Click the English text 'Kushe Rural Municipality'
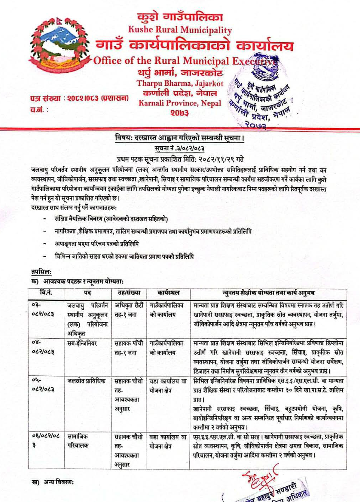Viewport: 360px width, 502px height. point(180,30)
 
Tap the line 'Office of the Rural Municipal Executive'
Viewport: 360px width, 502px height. point(184,61)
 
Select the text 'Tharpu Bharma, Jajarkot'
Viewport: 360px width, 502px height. point(180,84)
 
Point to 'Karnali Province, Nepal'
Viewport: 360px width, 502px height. point(180,103)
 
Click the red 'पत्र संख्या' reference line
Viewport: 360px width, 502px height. point(79,98)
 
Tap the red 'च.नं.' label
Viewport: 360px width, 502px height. point(39,110)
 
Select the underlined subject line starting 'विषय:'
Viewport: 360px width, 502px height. point(179,138)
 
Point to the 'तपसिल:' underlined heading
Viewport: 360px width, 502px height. point(41,272)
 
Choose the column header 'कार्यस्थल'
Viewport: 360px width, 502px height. point(168,293)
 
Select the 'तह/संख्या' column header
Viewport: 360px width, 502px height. point(129,293)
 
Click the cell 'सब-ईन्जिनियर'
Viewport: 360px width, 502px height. point(82,343)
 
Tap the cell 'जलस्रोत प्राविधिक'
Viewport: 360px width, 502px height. point(87,381)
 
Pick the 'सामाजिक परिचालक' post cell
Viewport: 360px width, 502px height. point(78,441)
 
